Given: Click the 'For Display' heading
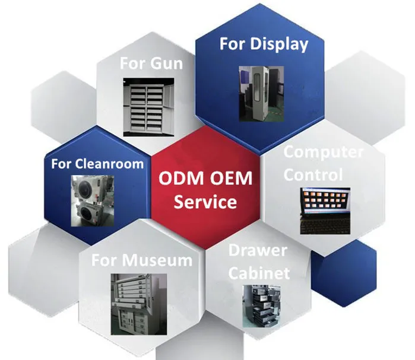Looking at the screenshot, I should (x=264, y=44).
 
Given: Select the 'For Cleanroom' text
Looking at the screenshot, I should (x=97, y=163).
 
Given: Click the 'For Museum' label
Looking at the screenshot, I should (x=141, y=260).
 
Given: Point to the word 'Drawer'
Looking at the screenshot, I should (x=259, y=251).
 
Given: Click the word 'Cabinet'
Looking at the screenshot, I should (x=259, y=273).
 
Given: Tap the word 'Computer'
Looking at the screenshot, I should (x=323, y=151).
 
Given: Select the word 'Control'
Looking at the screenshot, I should (x=313, y=175).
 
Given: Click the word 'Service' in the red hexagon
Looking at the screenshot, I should (x=205, y=202).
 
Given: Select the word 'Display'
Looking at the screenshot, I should (x=279, y=44).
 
